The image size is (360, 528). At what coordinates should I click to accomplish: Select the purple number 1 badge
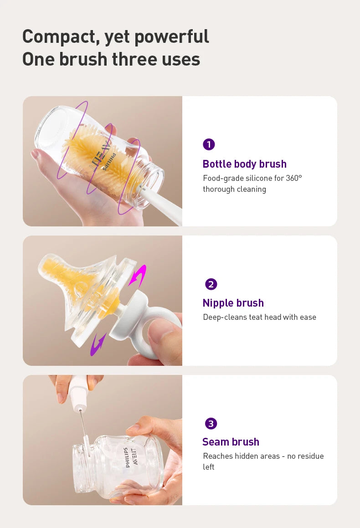[x=209, y=144]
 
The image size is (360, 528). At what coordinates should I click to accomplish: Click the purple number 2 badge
[x=211, y=284]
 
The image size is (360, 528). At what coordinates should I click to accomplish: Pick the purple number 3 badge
[x=210, y=424]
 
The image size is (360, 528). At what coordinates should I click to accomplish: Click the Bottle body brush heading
[x=244, y=164]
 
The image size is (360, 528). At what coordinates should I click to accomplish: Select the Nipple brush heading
[x=233, y=303]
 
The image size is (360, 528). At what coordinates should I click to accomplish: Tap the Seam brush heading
[x=231, y=442]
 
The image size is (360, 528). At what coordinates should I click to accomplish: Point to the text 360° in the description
[x=294, y=178]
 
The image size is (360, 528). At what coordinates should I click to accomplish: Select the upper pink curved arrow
[x=137, y=276]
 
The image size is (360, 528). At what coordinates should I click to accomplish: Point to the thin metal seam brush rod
[x=83, y=426]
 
